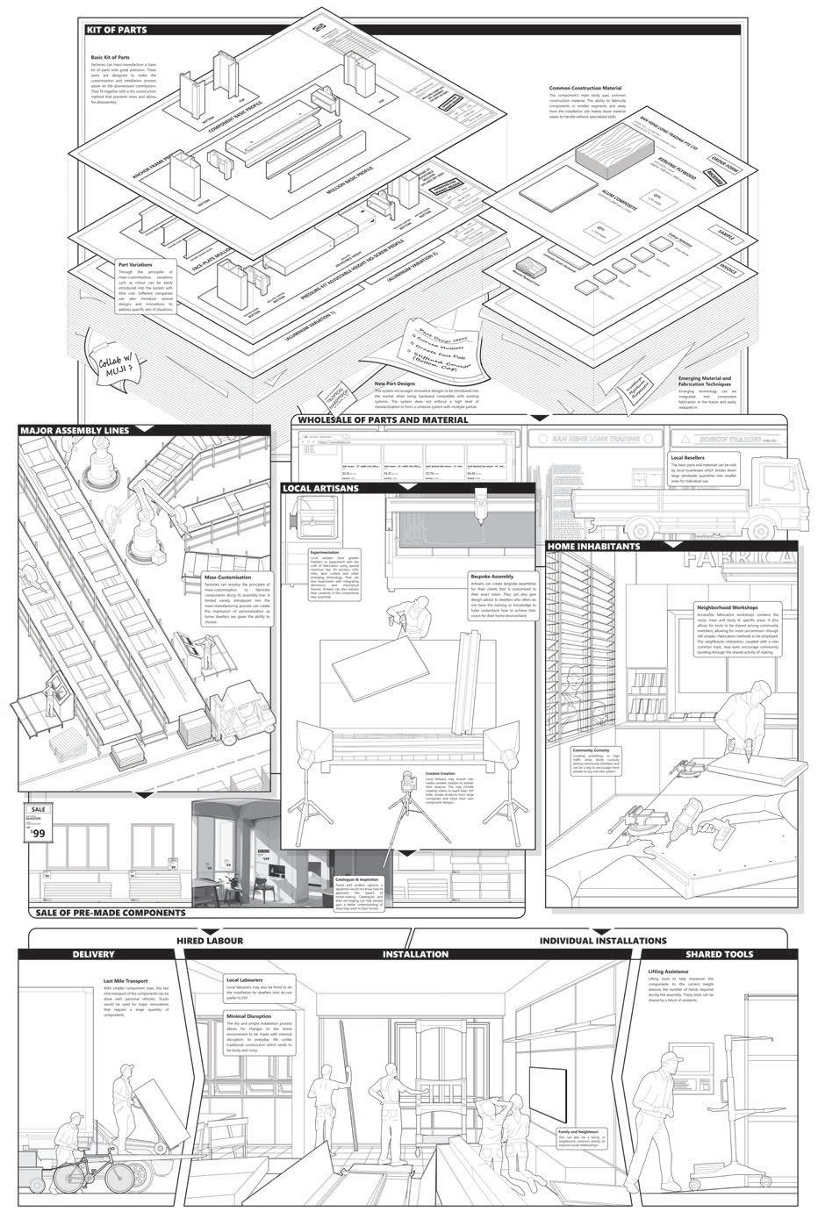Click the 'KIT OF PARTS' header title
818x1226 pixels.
[x=117, y=30]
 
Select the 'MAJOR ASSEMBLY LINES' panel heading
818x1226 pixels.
[x=74, y=431]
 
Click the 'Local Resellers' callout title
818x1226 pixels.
[x=689, y=457]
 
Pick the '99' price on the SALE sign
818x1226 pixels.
[x=36, y=835]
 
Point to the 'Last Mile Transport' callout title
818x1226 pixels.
[x=125, y=981]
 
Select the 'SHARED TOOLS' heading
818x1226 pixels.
[x=719, y=954]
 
